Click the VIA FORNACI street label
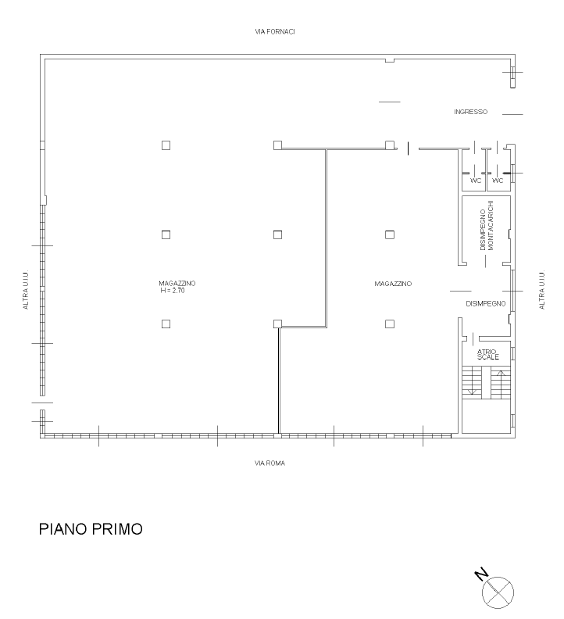tap(275, 31)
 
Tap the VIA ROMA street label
tap(270, 463)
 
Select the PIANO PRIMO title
tap(91, 529)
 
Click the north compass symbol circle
tap(498, 592)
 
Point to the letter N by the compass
tap(481, 574)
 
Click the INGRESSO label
tap(470, 112)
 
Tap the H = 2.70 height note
tap(173, 291)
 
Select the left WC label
tap(476, 181)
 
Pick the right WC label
tap(498, 181)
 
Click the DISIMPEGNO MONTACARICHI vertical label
tap(487, 225)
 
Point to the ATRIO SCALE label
tap(487, 354)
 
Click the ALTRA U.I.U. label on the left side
tap(26, 290)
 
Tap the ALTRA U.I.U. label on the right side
tap(542, 290)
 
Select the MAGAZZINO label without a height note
tap(393, 284)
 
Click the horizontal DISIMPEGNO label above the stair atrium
tap(485, 303)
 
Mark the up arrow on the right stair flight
tap(501, 384)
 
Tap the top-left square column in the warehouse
tap(166, 145)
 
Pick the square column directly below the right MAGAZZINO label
tap(390, 324)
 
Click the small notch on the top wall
tap(390, 60)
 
